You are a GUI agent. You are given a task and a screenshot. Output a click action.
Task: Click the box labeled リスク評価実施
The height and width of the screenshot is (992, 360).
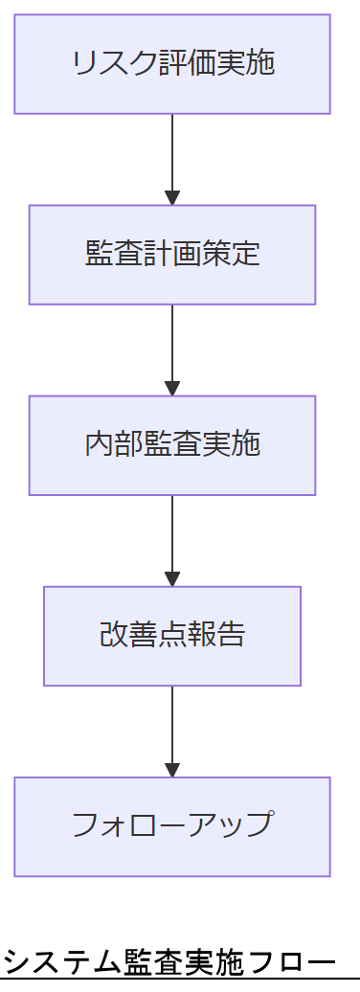[172, 64]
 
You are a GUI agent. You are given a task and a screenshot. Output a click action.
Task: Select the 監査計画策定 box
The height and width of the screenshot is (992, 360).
[172, 255]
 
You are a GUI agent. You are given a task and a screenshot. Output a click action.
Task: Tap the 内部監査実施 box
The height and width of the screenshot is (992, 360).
[172, 445]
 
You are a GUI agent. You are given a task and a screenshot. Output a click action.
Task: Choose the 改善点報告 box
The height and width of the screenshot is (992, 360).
[172, 636]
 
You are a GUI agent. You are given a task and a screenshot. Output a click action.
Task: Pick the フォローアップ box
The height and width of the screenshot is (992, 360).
[172, 826]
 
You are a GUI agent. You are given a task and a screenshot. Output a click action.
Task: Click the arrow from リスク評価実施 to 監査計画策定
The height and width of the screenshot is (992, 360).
[172, 158]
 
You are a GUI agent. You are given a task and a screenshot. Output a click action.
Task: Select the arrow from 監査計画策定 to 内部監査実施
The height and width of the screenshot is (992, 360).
[172, 349]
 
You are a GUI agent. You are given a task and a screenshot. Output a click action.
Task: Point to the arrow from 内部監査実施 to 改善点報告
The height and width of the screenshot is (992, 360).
[172, 539]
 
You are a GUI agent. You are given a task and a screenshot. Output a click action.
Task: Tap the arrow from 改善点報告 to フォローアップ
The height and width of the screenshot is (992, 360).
[172, 730]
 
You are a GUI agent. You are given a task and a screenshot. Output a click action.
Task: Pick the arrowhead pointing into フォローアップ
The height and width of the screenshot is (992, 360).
[172, 770]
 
